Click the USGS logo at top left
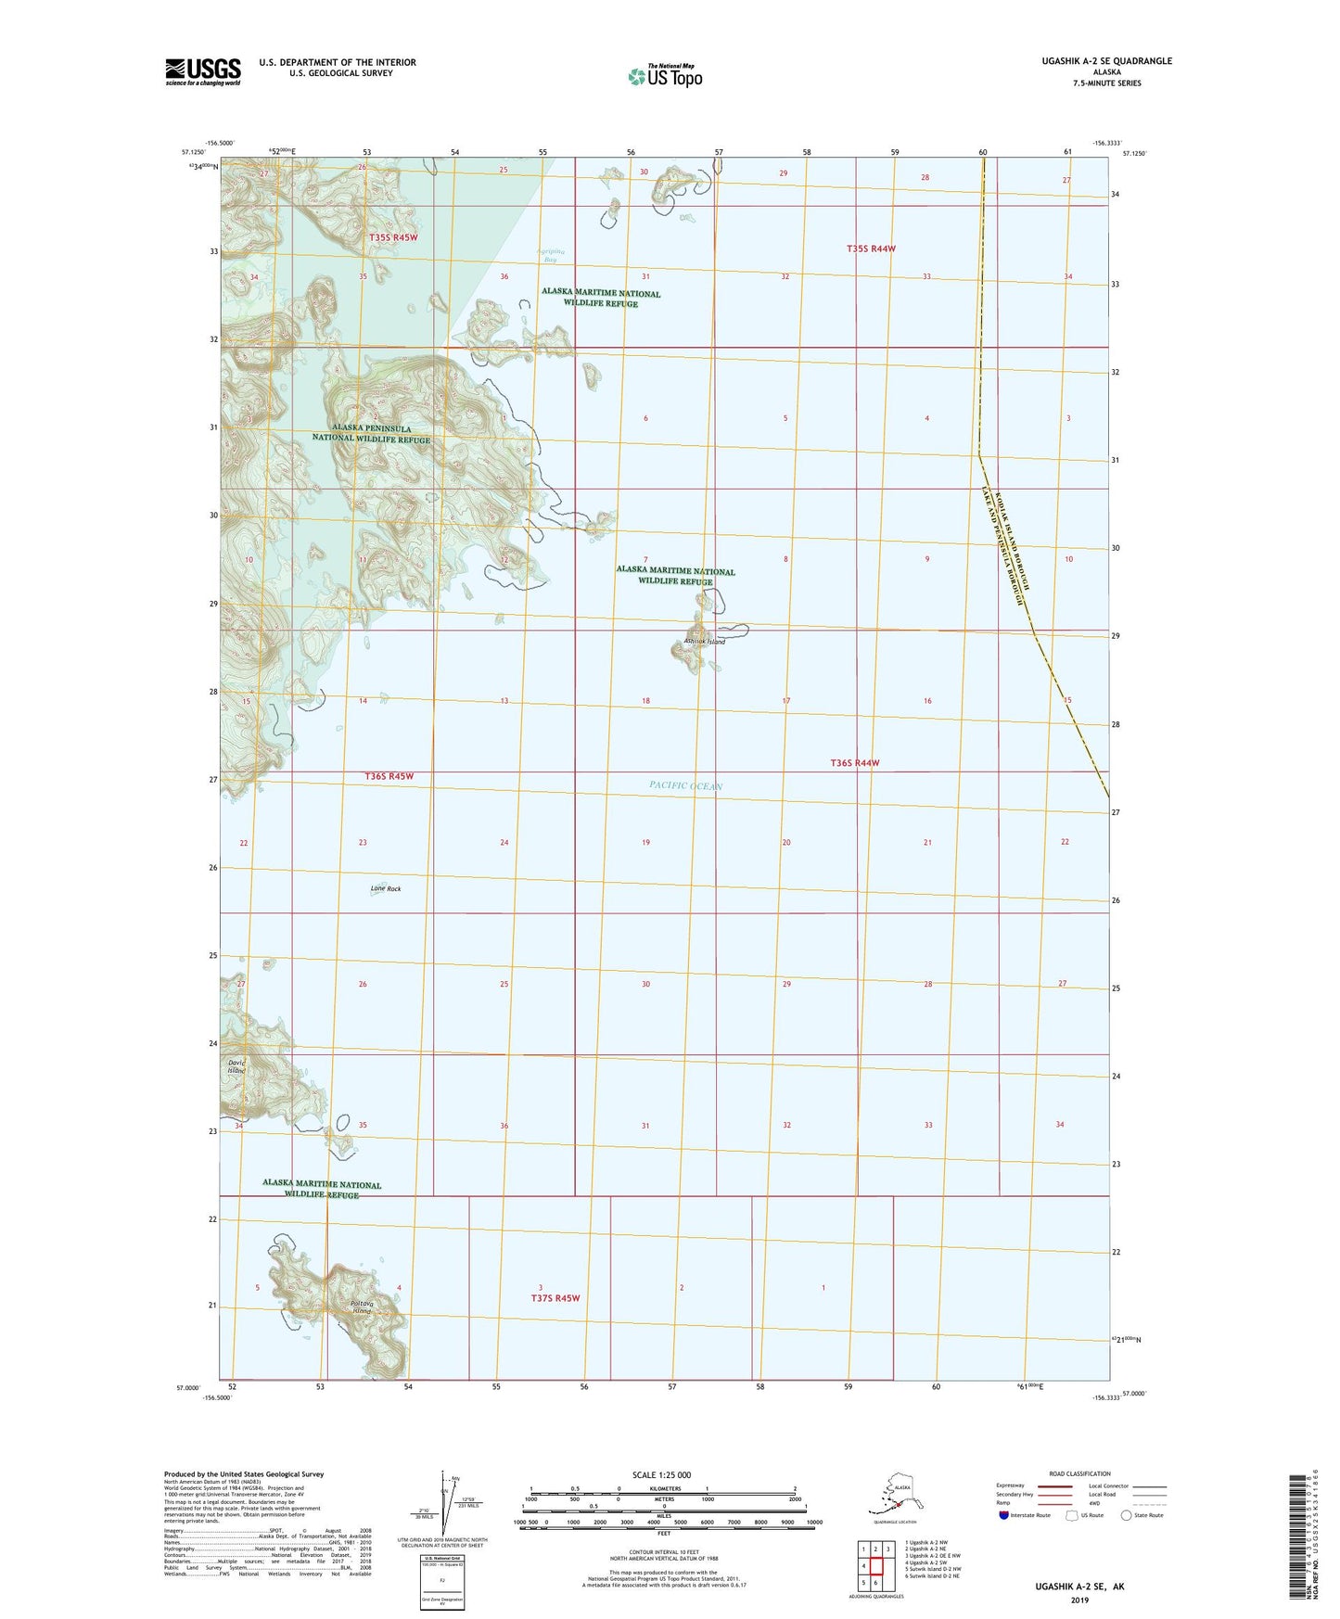[202, 71]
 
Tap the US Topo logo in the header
[664, 76]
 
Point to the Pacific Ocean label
[685, 785]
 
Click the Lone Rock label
[386, 888]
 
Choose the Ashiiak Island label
[704, 642]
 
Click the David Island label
[237, 1066]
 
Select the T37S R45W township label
[555, 1298]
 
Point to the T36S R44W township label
[854, 763]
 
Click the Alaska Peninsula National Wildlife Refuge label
[371, 434]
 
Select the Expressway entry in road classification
[1010, 1485]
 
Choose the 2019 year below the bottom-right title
[1079, 1600]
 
